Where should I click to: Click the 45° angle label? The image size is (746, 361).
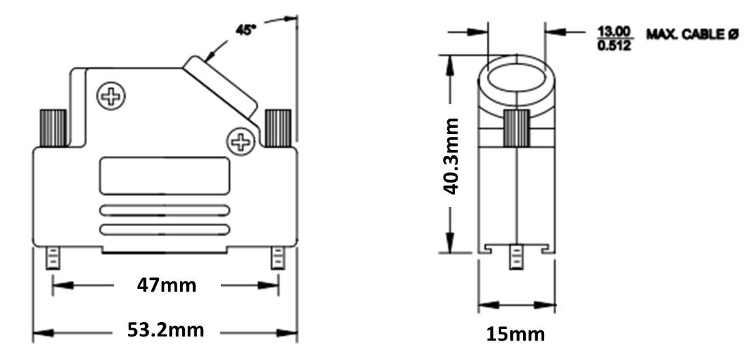tap(246, 29)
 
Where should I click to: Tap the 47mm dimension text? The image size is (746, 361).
tap(166, 285)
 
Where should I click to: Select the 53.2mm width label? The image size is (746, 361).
tap(166, 330)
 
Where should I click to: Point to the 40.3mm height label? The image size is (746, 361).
tap(451, 156)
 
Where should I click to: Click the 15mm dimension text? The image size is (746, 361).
tap(516, 334)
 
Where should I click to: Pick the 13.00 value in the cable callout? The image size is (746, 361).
tap(614, 31)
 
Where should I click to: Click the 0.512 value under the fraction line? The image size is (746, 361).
tap(614, 46)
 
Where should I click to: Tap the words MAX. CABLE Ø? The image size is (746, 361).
tap(691, 34)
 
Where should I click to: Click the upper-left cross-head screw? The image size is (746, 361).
tap(111, 96)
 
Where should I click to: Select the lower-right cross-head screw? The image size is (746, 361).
tap(241, 141)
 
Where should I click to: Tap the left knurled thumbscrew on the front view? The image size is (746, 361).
tap(53, 128)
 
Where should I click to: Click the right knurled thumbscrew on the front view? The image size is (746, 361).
tap(278, 128)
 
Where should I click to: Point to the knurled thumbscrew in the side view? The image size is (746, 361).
tap(516, 128)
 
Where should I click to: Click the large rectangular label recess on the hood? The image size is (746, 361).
tap(164, 176)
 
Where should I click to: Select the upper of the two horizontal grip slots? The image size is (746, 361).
tap(164, 210)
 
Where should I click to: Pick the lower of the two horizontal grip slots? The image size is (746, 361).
tap(164, 230)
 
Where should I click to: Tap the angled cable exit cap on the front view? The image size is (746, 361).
tap(221, 88)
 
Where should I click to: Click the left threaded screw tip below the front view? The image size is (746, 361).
tap(53, 258)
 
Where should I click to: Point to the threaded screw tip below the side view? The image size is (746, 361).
tap(516, 257)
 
